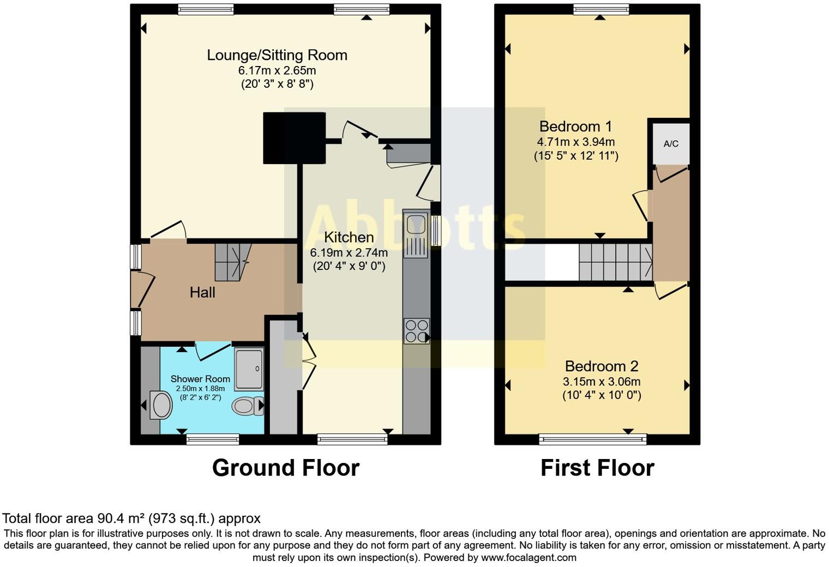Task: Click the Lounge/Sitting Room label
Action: (x=277, y=55)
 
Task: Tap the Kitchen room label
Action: (x=349, y=237)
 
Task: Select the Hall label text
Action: (x=202, y=292)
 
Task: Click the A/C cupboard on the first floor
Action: (x=671, y=144)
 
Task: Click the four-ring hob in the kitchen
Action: (x=416, y=331)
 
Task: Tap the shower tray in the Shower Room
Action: (x=249, y=370)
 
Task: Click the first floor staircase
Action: (x=615, y=262)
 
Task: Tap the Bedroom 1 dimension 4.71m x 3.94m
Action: (x=575, y=142)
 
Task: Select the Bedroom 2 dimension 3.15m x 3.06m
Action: (x=602, y=382)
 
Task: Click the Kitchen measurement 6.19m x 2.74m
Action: (x=349, y=252)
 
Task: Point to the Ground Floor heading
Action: (x=285, y=468)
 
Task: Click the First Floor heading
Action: (x=597, y=468)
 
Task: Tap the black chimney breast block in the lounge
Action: (x=294, y=138)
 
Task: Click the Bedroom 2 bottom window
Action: (x=592, y=439)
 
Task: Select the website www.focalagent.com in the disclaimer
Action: (x=528, y=558)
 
